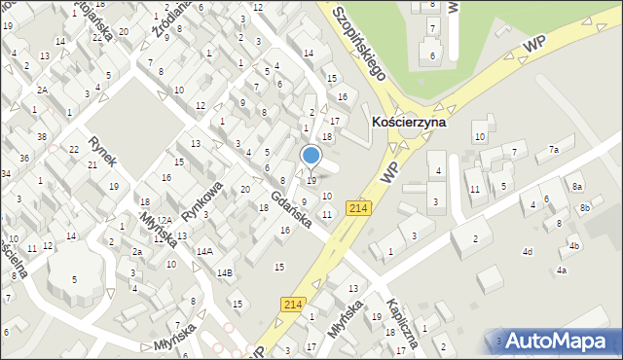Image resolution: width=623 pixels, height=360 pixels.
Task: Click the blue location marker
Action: (311, 155)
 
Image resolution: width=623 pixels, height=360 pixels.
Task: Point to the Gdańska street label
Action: (290, 209)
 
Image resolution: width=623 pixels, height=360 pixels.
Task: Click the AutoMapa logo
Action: (558, 341)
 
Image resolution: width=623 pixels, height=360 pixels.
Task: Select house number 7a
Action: (553, 150)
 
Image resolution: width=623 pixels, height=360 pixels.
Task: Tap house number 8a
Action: (577, 186)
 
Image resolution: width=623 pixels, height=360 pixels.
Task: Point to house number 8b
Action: (584, 208)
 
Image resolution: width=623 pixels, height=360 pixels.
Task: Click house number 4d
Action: (527, 252)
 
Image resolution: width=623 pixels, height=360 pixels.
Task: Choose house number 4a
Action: (562, 270)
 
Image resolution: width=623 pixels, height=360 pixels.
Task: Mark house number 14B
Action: (225, 272)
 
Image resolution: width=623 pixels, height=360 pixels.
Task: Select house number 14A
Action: (203, 251)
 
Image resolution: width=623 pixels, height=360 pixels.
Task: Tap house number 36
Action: (25, 158)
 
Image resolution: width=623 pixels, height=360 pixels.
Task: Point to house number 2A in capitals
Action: (43, 90)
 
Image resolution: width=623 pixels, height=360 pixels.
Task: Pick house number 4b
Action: (574, 246)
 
